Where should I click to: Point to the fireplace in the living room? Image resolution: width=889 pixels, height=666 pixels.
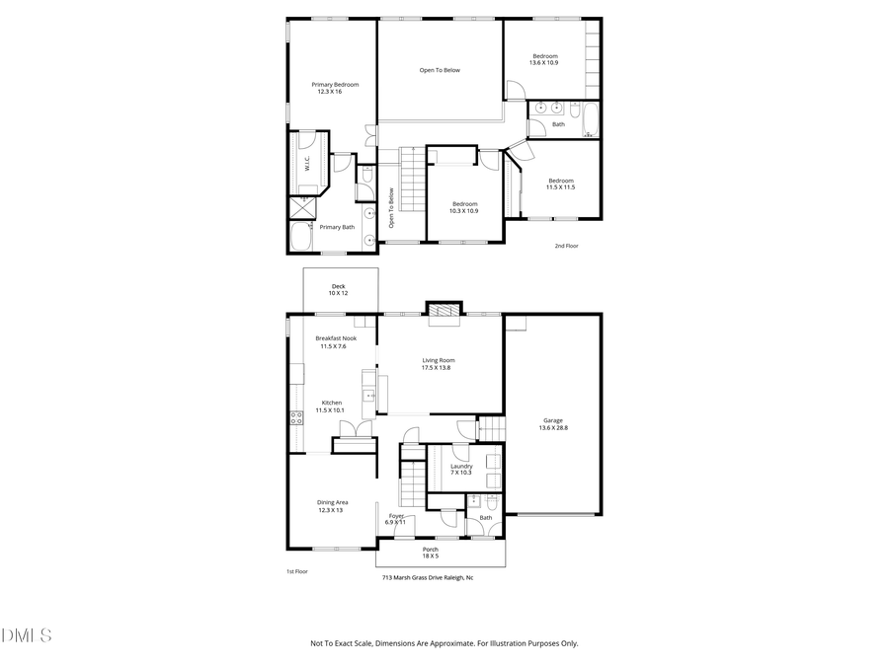point(443,312)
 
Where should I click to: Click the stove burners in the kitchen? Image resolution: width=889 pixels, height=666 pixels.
point(295,417)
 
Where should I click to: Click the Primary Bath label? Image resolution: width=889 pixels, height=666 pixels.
point(336,227)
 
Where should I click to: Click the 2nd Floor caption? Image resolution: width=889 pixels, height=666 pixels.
point(566,246)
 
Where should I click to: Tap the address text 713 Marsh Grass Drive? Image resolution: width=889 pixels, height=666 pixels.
point(428,578)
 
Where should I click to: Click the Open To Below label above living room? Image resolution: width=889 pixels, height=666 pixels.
point(440,70)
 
